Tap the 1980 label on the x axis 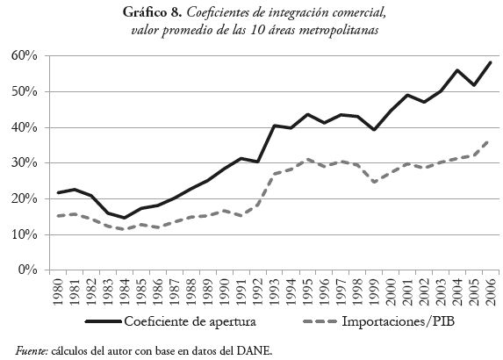(x=58, y=292)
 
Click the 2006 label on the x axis (x=490, y=292)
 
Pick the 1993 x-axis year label (x=274, y=292)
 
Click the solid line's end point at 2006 (x=490, y=62)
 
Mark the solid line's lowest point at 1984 (x=125, y=218)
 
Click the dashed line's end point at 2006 (x=490, y=140)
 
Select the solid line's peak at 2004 (x=456, y=70)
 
